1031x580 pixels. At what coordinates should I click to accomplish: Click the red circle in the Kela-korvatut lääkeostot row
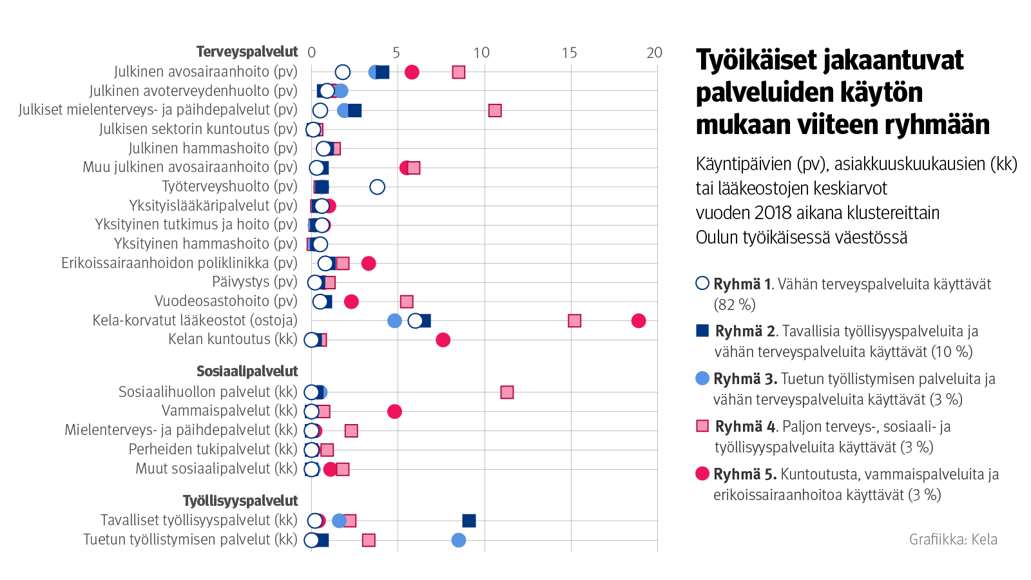click(639, 321)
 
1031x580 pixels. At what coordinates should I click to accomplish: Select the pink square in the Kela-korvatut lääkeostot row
click(575, 321)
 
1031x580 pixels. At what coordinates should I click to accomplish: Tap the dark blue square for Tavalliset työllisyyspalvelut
click(469, 521)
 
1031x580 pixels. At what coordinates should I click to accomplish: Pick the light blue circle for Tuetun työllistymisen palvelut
click(459, 540)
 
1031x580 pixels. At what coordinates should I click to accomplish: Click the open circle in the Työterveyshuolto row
click(378, 187)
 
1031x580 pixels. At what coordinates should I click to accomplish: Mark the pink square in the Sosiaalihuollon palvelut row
click(507, 392)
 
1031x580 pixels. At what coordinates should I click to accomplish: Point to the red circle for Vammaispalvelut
click(394, 411)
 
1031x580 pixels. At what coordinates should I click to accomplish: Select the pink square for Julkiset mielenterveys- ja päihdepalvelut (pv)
click(495, 110)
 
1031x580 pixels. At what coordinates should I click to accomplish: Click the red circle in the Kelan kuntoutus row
click(443, 340)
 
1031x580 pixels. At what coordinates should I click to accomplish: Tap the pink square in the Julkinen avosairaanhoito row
click(459, 72)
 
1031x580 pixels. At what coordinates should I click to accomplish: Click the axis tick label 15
click(569, 53)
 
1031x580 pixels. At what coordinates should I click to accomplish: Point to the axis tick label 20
click(654, 53)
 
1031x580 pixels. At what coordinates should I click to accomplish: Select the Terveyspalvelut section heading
click(247, 52)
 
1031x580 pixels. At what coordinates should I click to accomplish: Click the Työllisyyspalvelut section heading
click(240, 501)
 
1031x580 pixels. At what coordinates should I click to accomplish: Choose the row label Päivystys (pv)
click(255, 282)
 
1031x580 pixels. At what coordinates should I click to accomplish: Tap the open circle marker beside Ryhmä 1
click(702, 284)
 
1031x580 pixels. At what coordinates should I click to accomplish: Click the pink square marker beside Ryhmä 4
click(703, 426)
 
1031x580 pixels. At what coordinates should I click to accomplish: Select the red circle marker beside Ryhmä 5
click(702, 474)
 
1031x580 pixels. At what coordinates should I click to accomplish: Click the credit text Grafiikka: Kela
click(953, 539)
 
